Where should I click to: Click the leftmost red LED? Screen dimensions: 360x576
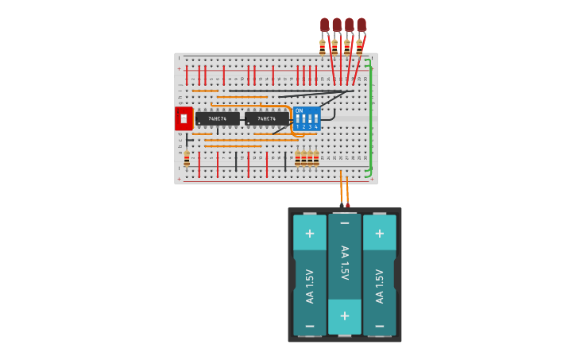pos(324,25)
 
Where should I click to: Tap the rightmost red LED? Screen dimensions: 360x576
pos(361,25)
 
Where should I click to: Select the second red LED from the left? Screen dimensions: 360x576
pos(337,25)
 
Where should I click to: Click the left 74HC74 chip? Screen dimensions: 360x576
pos(217,118)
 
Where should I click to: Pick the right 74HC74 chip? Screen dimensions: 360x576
pos(266,118)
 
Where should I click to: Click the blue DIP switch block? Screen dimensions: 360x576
pos(307,118)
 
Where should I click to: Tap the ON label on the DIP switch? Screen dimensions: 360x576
pos(300,111)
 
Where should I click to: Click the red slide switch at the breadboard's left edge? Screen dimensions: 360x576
pos(184,118)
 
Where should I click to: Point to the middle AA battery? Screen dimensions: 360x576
pos(345,274)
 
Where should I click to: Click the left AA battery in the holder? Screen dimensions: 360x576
pos(310,274)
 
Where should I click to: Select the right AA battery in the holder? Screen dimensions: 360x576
pos(380,274)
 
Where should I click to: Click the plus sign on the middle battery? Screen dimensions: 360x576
pos(345,315)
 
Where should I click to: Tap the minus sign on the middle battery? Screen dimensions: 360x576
pos(345,224)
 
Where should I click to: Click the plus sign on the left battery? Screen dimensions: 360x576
pos(310,234)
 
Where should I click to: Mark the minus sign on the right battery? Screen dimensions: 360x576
pos(380,326)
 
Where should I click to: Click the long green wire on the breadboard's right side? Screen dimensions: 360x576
pos(370,115)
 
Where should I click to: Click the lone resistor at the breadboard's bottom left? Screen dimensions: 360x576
pos(187,159)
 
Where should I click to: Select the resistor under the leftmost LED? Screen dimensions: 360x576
pos(323,47)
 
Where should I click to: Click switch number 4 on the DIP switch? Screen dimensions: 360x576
pos(315,122)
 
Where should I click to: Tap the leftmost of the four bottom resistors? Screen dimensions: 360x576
pos(298,158)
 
